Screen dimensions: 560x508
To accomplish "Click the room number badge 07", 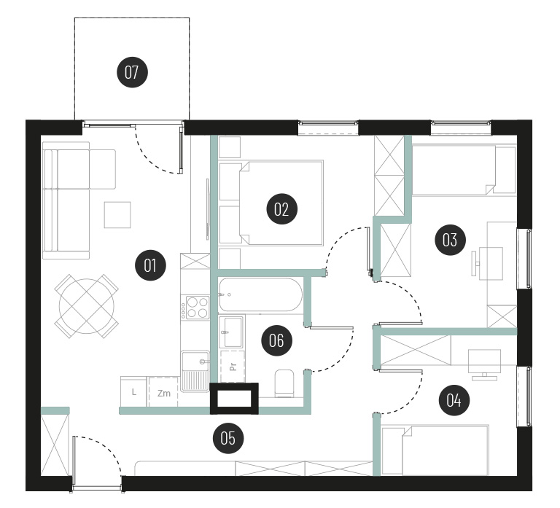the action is pos(132,72).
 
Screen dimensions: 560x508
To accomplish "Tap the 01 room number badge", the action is pos(150,265).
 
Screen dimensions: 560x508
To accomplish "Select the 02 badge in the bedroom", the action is pos(281,209).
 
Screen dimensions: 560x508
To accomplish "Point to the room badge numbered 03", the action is pos(451,240).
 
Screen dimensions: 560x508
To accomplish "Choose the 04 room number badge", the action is pos(454,400).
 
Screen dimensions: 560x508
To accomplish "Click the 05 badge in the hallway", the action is pos(228,438).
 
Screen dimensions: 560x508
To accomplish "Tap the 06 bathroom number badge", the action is pos(277,340).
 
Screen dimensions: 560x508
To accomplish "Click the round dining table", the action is pos(87,306).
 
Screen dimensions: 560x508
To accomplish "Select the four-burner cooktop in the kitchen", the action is pos(195,308).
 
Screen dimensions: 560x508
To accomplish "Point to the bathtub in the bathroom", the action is pos(260,295).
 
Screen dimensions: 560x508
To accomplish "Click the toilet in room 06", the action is pos(284,383).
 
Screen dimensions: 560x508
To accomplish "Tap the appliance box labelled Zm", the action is pos(163,392).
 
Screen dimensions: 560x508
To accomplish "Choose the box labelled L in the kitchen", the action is pos(133,392).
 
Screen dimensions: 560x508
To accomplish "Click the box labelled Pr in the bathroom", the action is pos(233,367).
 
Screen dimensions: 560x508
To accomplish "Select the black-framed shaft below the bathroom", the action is pos(234,399).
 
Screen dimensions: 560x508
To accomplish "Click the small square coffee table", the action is pos(117,214).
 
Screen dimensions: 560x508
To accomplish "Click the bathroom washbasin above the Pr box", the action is pos(232,332).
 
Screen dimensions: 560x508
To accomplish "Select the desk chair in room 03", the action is pos(475,263).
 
